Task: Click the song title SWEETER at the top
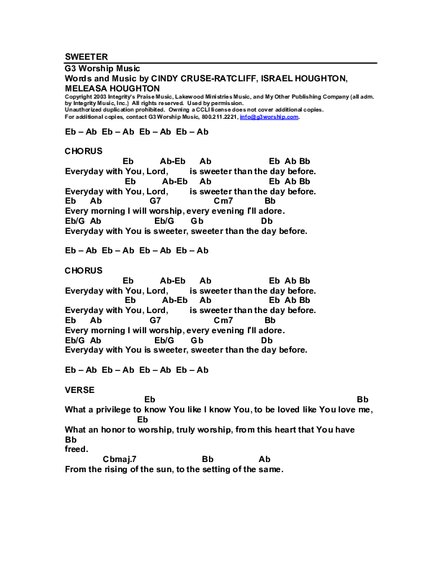pyautogui.click(x=86, y=56)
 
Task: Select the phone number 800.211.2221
pyautogui.click(x=220, y=117)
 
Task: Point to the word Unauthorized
pyautogui.click(x=84, y=109)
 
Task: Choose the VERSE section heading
pyautogui.click(x=79, y=389)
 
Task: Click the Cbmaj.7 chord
pyautogui.click(x=119, y=459)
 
